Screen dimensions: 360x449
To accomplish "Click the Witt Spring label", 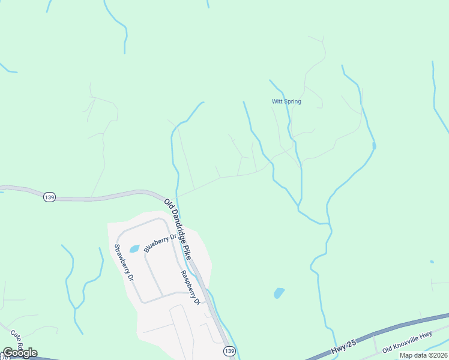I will click(286, 101).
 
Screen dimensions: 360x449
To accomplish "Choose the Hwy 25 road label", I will click(343, 349).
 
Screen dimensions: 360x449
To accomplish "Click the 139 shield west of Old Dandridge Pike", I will click(50, 197).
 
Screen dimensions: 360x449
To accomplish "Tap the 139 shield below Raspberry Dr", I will click(228, 350).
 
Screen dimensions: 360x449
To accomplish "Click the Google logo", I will click(20, 352).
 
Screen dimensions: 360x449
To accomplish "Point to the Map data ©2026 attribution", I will click(423, 355).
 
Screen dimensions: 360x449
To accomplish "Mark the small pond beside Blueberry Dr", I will click(134, 248).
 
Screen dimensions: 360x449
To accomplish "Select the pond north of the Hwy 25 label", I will click(279, 293).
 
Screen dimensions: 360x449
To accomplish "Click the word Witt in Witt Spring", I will click(277, 101).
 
